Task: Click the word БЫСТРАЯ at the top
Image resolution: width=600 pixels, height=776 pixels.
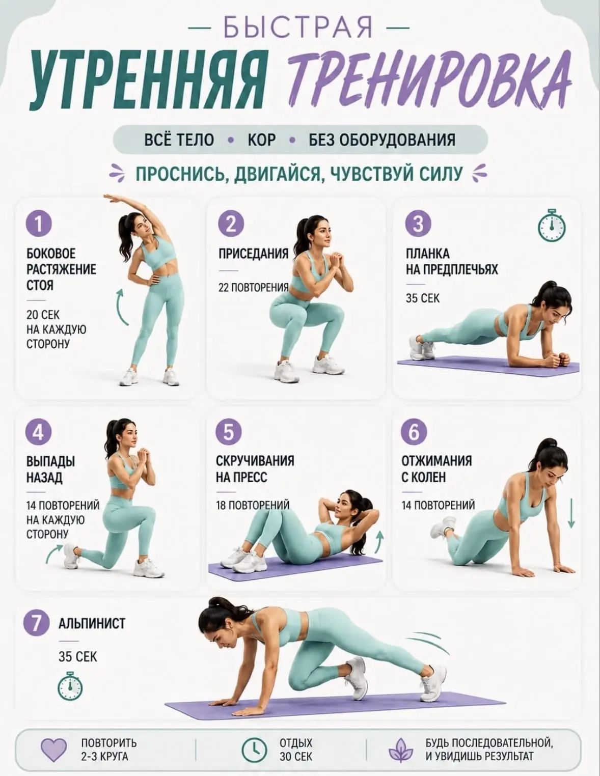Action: [298, 27]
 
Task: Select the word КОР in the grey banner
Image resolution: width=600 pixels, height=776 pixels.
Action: [261, 140]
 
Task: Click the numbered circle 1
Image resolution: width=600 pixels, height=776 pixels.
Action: [39, 224]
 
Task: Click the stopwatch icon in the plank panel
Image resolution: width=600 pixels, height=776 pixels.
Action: [552, 225]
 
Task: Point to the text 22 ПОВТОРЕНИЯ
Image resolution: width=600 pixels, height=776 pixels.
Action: [253, 288]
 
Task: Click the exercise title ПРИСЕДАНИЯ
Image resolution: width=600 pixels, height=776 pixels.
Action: [253, 254]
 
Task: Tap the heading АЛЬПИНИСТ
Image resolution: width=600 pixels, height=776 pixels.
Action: [92, 624]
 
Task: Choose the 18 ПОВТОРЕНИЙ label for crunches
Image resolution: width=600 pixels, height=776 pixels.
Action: [253, 505]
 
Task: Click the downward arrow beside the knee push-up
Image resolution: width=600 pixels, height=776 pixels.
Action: [571, 513]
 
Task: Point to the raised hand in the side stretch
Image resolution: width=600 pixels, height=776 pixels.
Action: [112, 199]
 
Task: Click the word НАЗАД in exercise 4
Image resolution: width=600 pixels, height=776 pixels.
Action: [44, 478]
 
